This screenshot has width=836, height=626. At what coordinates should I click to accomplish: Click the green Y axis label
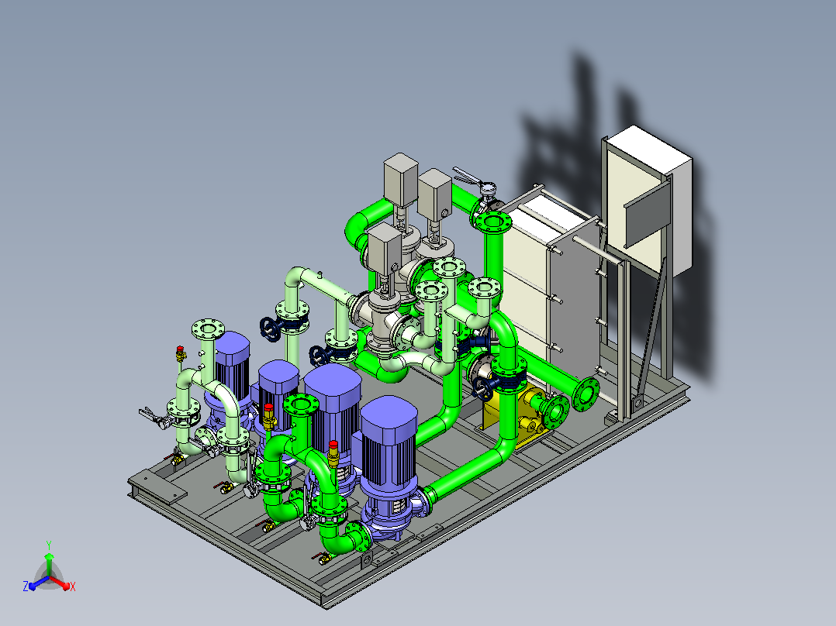click(x=49, y=545)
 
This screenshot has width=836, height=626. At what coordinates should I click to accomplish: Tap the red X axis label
click(x=73, y=586)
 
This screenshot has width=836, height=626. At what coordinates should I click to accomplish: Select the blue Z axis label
click(x=25, y=586)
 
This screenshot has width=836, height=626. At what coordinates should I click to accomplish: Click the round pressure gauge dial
click(x=488, y=187)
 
